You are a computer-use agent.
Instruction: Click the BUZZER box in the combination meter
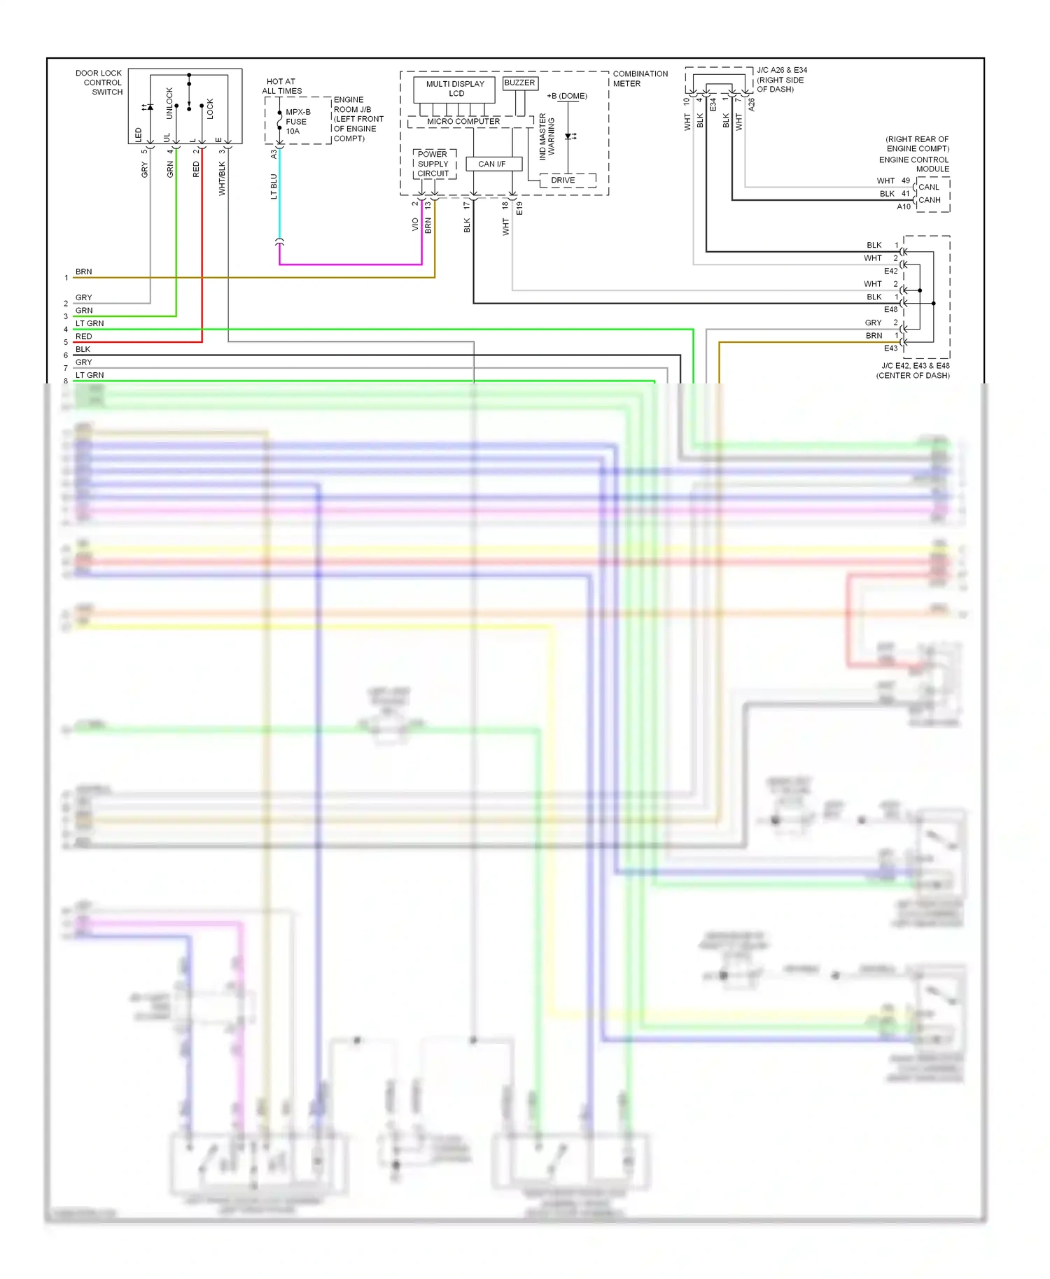tap(519, 83)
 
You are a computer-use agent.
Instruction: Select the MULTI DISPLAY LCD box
tap(455, 89)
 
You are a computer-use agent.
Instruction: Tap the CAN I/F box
tap(492, 164)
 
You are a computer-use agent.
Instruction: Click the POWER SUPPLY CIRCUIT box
tap(433, 164)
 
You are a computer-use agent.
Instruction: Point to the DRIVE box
tap(563, 181)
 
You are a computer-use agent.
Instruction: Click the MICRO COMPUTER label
tap(463, 122)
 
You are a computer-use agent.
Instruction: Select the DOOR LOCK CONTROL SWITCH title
tap(99, 83)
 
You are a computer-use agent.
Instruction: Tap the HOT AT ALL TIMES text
tap(281, 86)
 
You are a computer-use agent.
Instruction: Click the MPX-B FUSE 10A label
tap(297, 122)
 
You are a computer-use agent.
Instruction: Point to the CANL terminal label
tap(929, 187)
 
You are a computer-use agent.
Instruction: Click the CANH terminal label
tap(929, 200)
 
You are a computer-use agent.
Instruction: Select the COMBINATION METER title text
tap(640, 78)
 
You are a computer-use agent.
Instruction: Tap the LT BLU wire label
tap(274, 187)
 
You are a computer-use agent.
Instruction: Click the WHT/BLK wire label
tap(222, 178)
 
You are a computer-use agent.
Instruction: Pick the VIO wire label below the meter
tap(415, 225)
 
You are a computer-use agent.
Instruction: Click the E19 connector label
tap(519, 209)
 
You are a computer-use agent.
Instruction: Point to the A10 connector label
tap(904, 207)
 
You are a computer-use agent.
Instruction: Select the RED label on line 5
tap(84, 337)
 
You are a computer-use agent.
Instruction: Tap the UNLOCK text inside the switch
tap(169, 103)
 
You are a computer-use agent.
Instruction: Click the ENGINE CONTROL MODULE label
tap(913, 164)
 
